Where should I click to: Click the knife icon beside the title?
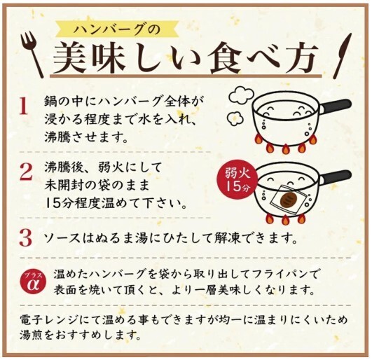click(x=342, y=55)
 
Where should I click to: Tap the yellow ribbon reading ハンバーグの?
click(x=117, y=30)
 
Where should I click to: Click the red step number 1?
click(x=24, y=106)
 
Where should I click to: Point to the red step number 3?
click(x=25, y=237)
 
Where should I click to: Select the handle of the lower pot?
click(x=336, y=176)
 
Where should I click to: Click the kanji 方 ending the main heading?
click(x=300, y=58)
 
